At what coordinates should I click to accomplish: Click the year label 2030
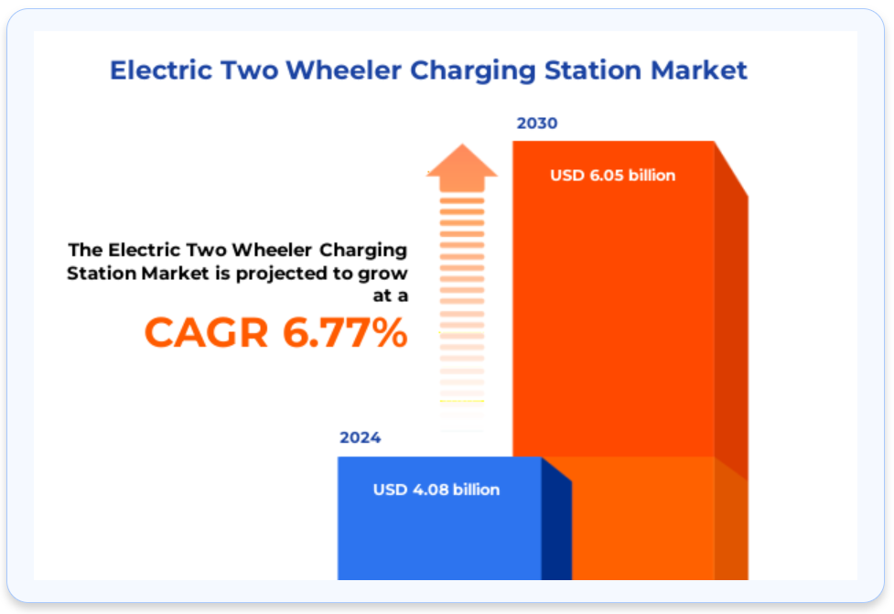[536, 124]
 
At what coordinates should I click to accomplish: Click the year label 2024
[360, 437]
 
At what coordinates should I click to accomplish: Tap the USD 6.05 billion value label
[612, 175]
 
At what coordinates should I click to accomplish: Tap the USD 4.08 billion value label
[436, 490]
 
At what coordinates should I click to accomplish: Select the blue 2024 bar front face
[439, 518]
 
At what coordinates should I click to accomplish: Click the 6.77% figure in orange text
[345, 332]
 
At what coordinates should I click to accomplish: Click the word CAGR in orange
[207, 332]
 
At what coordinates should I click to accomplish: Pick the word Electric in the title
[161, 70]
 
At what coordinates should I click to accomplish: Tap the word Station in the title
[593, 70]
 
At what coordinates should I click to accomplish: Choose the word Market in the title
[699, 70]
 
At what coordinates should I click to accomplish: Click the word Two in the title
[249, 70]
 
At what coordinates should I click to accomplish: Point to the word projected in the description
[281, 275]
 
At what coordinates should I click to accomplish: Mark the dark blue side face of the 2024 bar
[556, 518]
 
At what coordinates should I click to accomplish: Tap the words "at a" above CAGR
[391, 296]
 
